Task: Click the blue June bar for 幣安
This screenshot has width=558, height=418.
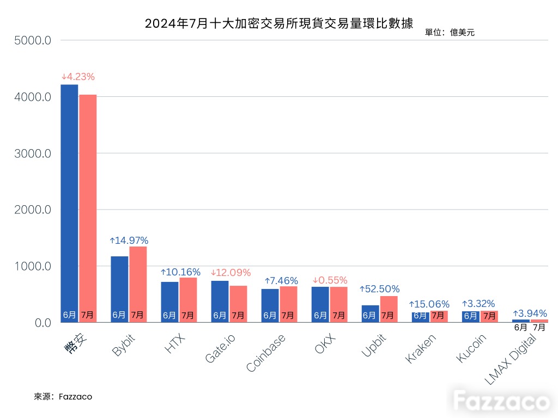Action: (x=69, y=204)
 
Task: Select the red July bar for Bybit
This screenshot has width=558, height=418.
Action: (x=138, y=284)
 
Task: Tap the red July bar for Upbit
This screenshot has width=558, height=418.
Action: (x=389, y=309)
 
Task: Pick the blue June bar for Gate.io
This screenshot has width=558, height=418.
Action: (x=220, y=302)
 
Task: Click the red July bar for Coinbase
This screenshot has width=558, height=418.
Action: (x=289, y=304)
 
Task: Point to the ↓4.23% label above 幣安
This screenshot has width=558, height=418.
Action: (x=78, y=77)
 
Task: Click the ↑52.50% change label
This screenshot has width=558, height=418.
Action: (x=380, y=289)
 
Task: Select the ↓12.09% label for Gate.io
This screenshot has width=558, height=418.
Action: (x=231, y=273)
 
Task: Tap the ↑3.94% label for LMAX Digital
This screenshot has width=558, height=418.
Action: (x=530, y=313)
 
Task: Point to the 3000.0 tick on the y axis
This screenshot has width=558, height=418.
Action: (x=33, y=153)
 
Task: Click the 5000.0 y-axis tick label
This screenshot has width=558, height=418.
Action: (x=33, y=40)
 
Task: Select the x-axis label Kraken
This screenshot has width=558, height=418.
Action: (x=421, y=349)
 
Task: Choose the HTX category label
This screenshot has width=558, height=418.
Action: (x=175, y=343)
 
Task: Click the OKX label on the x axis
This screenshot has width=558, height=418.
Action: (x=325, y=343)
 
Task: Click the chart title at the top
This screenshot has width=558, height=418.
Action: (x=278, y=23)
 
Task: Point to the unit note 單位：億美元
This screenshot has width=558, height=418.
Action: (x=450, y=33)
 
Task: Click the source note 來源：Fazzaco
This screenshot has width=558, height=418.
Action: (x=63, y=397)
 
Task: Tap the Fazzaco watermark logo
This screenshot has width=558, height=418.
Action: (x=501, y=401)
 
